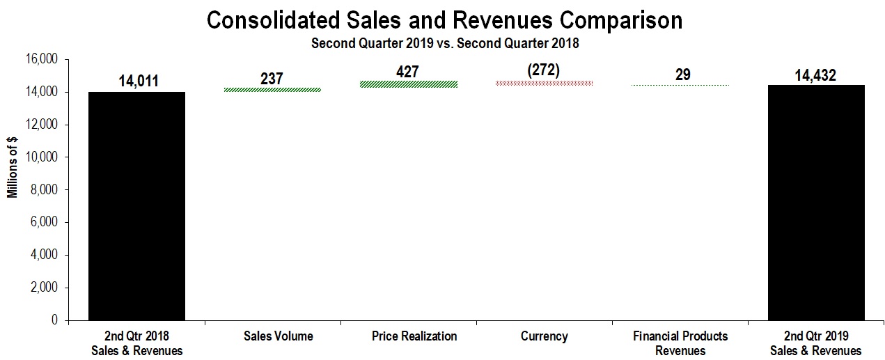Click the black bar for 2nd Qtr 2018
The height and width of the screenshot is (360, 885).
[136, 206]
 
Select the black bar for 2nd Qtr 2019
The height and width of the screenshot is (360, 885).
[816, 203]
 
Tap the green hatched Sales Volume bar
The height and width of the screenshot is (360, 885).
[273, 90]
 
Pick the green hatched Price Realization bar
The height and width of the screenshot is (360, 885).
[409, 84]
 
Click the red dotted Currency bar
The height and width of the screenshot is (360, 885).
[544, 83]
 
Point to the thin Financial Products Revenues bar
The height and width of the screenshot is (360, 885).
[680, 86]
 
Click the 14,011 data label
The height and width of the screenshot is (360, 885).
[139, 81]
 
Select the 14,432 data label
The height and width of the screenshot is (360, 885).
[815, 75]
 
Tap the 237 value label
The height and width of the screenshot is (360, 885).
[272, 78]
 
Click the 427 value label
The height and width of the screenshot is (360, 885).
[408, 72]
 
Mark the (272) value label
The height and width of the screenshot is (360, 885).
[544, 70]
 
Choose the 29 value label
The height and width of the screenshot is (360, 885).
[682, 75]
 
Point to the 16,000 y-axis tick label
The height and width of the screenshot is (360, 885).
[42, 59]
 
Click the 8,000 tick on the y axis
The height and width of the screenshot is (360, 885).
[45, 189]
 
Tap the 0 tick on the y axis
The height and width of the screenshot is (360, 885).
[54, 320]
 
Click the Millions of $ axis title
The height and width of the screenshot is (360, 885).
[13, 167]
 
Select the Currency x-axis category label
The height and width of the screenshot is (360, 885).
[544, 336]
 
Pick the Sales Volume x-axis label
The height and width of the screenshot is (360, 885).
[278, 336]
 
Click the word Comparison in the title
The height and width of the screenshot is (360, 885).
[622, 20]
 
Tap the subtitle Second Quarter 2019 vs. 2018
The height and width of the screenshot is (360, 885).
[445, 43]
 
